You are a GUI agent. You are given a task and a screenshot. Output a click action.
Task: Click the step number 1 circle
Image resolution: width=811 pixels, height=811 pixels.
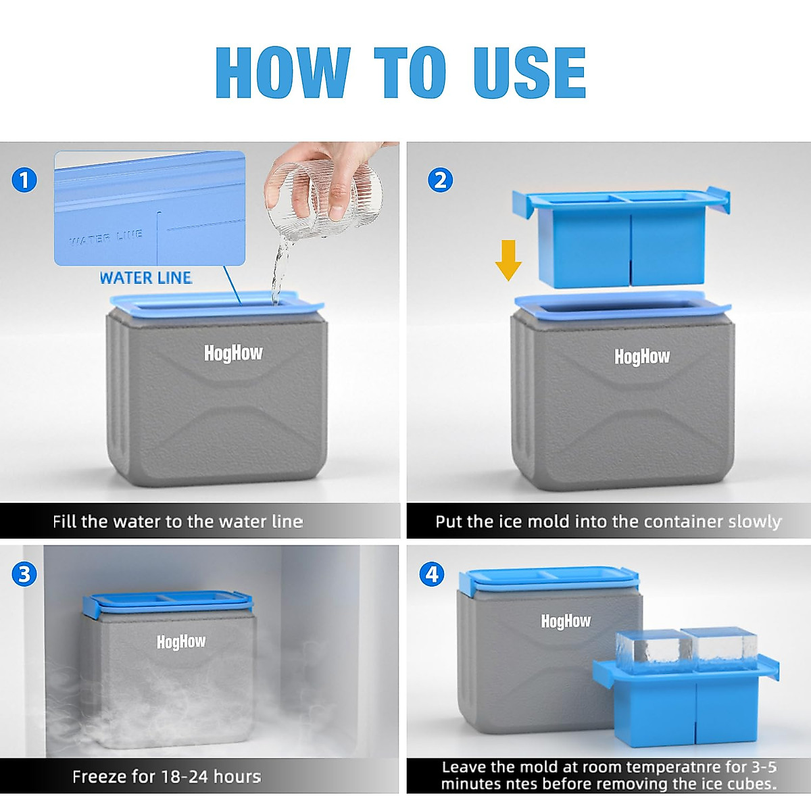tap(24, 180)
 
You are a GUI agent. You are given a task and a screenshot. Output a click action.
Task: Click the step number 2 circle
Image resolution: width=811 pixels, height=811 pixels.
tap(440, 180)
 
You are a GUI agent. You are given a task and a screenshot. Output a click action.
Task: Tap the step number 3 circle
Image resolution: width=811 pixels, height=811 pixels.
tap(24, 574)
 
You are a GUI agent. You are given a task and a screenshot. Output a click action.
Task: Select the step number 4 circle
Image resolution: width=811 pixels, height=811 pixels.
tap(433, 574)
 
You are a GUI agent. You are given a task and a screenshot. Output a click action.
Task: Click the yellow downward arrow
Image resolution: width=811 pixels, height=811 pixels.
tap(508, 260)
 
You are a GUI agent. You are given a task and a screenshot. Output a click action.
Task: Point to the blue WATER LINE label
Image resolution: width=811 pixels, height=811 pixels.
tap(145, 278)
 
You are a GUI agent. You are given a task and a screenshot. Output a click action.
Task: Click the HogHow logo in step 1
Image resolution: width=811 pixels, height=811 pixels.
tap(233, 353)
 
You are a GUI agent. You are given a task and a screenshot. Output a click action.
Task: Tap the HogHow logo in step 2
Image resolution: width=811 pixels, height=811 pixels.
tap(642, 356)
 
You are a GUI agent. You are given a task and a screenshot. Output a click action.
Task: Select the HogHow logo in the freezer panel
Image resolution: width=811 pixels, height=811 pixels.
tap(181, 641)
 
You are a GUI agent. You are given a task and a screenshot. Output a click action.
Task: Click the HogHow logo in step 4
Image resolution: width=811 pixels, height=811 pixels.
tap(566, 621)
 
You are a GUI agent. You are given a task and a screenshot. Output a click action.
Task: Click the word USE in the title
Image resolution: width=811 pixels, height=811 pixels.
tap(529, 72)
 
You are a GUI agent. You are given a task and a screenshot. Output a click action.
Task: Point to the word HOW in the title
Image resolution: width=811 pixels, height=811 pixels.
tap(282, 72)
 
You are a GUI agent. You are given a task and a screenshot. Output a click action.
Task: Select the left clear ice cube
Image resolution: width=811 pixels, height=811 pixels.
tap(649, 651)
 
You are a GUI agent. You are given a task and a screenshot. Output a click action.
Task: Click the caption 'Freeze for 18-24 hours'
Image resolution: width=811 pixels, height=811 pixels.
tap(167, 777)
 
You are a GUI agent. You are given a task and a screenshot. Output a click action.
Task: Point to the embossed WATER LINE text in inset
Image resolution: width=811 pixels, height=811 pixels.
tap(106, 237)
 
